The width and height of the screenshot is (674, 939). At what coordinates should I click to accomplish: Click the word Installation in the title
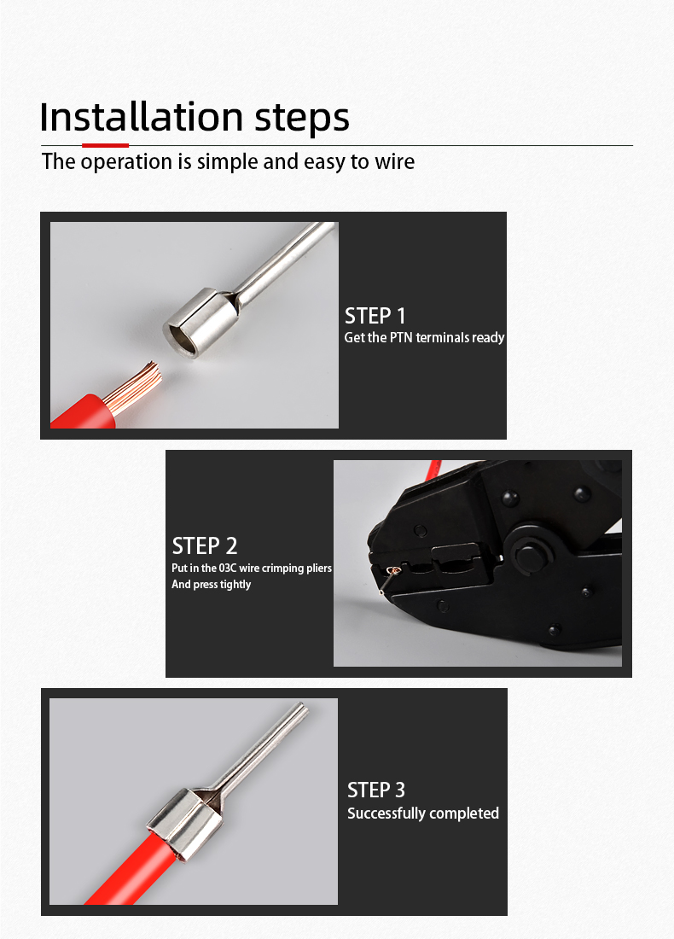point(142,117)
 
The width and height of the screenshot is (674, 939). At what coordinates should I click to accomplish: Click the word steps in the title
point(302,120)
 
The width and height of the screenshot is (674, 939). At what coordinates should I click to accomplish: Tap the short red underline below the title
point(105,145)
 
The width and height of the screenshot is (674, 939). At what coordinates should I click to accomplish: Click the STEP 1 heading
point(375,316)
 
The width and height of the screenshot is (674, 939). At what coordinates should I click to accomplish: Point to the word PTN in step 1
point(401,337)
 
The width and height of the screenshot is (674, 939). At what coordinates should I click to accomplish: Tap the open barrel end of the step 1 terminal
point(182,336)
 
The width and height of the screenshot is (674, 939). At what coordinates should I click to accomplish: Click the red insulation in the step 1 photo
point(83,412)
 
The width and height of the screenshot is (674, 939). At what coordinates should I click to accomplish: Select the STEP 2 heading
point(205,545)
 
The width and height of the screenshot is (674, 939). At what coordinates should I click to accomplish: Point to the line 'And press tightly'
point(212,584)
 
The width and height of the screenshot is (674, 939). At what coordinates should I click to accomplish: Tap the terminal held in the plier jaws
point(388,577)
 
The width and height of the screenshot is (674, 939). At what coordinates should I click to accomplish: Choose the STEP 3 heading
point(376,790)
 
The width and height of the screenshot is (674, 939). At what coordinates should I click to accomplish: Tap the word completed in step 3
point(464,813)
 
